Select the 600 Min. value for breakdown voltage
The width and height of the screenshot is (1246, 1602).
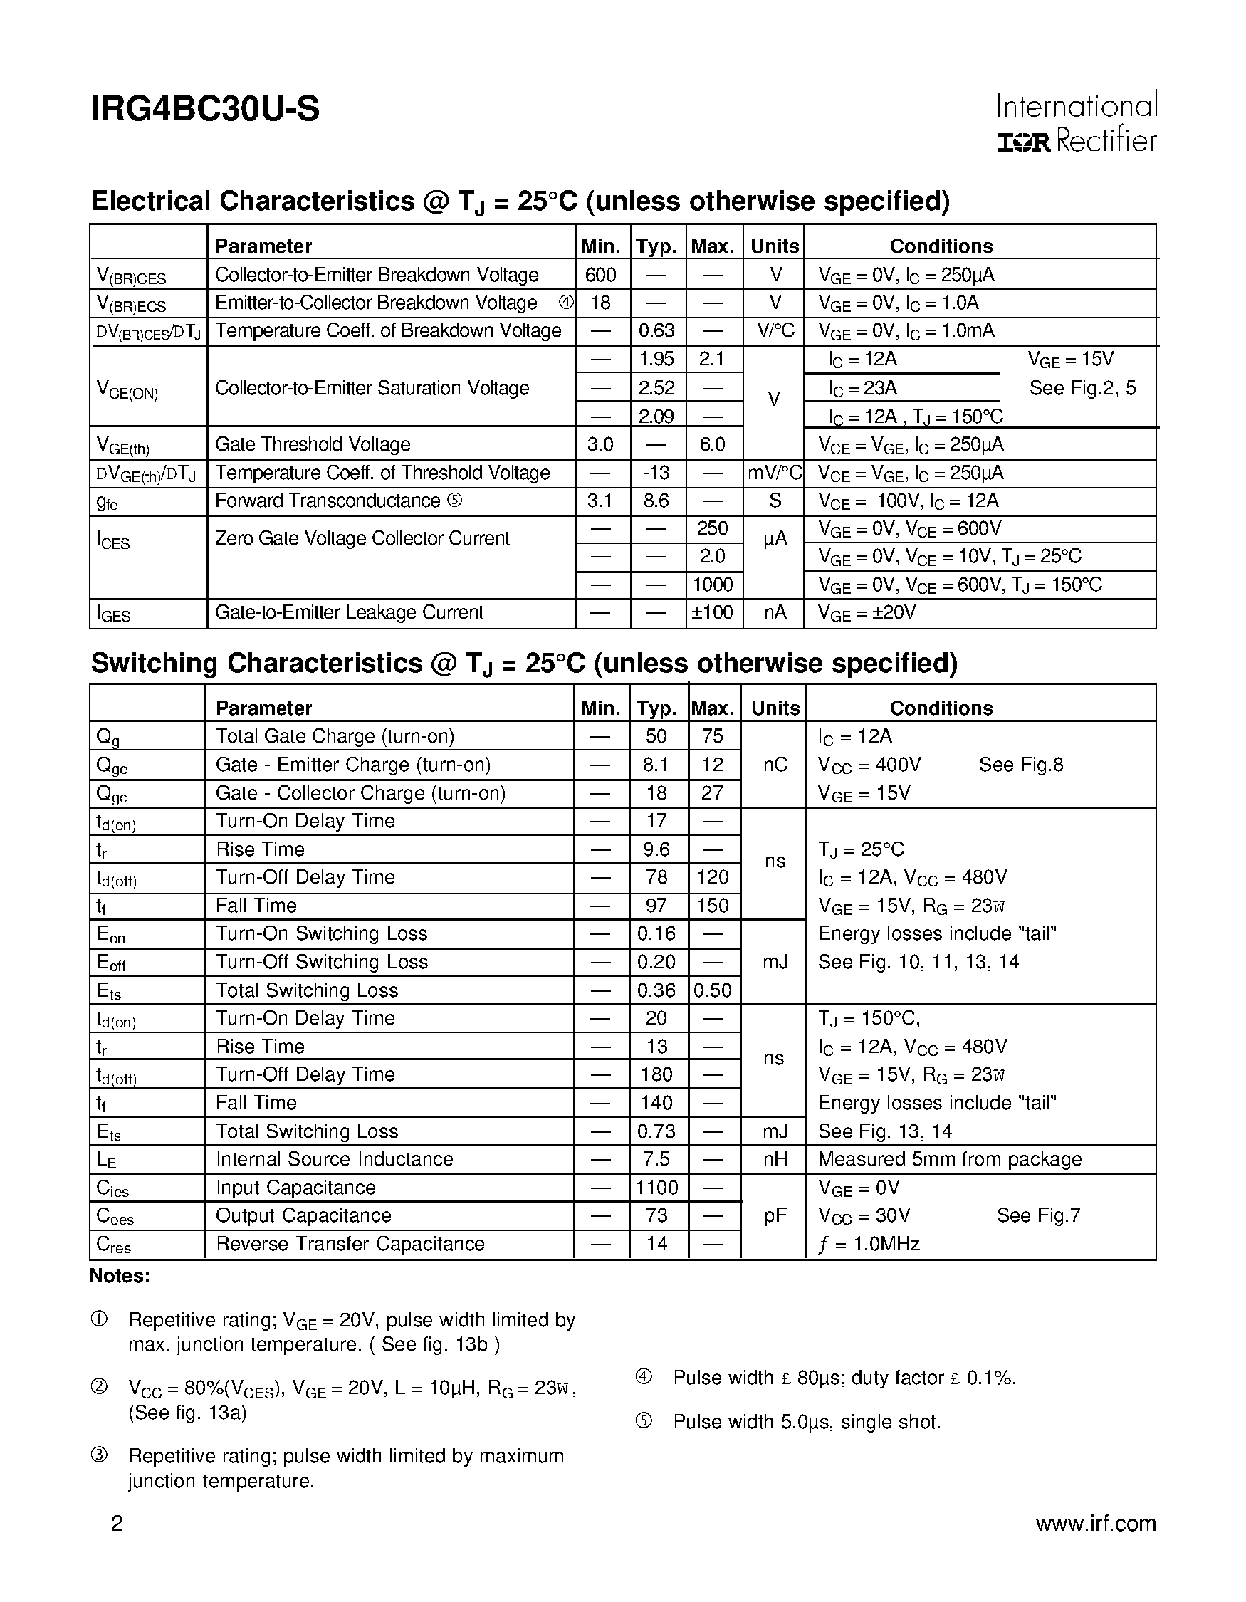[601, 275]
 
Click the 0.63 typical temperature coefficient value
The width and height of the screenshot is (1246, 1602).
[656, 331]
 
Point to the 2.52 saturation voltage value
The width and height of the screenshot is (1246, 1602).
[656, 387]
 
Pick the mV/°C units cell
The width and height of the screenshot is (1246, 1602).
[775, 473]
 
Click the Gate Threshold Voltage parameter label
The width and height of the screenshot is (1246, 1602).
[313, 444]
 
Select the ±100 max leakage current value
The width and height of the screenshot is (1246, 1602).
[712, 612]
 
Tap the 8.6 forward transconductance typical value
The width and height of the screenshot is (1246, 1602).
[656, 501]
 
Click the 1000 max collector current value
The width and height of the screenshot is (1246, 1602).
[713, 585]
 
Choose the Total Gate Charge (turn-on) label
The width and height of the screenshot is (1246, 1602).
[335, 736]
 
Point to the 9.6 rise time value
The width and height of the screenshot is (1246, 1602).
[656, 849]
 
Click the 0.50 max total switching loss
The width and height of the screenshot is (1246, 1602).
[712, 990]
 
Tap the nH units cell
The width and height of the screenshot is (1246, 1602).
[775, 1160]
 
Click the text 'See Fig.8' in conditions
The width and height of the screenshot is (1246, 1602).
[1020, 765]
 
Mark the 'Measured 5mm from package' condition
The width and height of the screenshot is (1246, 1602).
[950, 1160]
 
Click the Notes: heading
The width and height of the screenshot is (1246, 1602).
[120, 1277]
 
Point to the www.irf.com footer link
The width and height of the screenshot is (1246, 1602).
[1095, 1524]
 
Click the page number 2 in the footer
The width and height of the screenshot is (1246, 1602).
[117, 1524]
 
